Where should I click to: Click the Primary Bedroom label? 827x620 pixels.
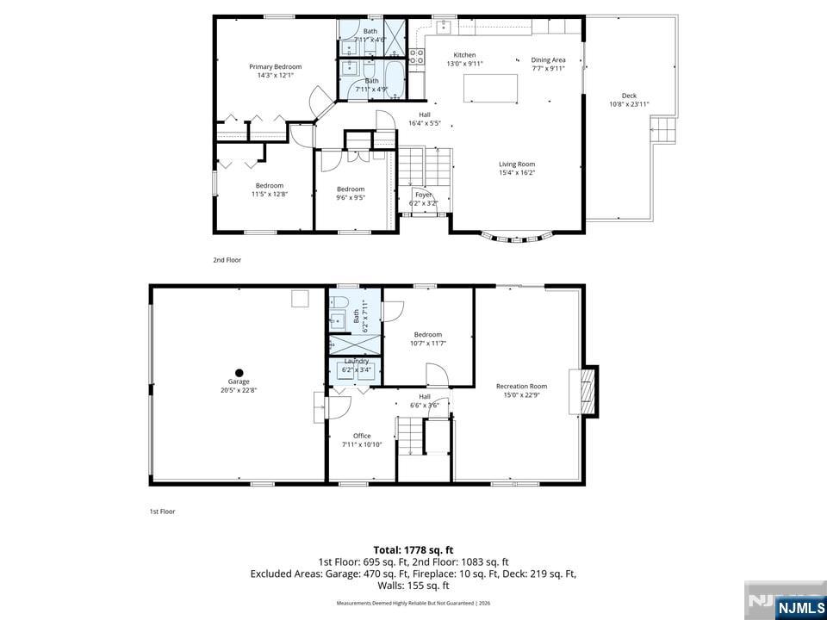coord(276,66)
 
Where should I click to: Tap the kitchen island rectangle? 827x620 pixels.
coord(491,89)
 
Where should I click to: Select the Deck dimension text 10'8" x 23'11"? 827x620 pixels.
coord(629,104)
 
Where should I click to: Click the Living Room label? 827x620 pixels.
coord(517,164)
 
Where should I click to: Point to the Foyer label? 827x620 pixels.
coord(423,195)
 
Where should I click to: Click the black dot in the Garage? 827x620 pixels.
coord(239,373)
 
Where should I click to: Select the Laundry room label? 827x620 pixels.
coord(356,361)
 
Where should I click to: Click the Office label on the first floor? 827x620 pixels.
coord(362,436)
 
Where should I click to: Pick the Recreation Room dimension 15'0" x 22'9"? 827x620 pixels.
coord(521,395)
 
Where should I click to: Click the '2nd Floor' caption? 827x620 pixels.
coord(227,259)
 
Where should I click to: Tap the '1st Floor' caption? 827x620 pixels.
coord(162,512)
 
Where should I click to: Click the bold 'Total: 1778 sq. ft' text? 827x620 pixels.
coord(413,549)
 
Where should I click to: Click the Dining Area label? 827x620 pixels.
coord(548,59)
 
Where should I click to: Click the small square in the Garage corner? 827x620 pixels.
coord(300,298)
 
